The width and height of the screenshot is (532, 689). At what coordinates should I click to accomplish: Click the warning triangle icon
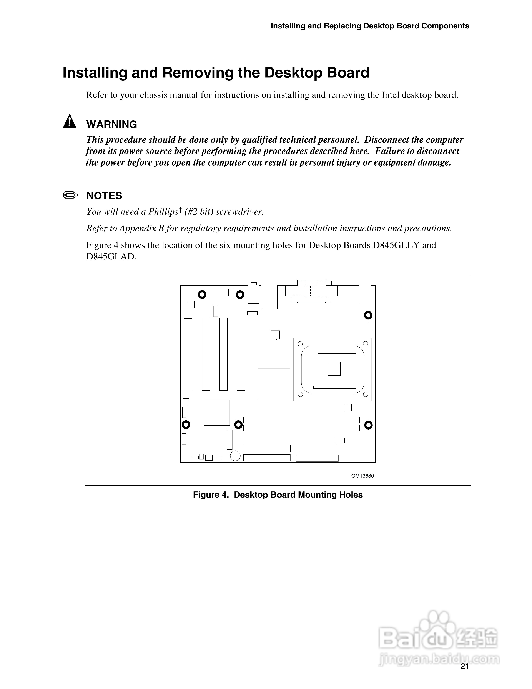point(69,122)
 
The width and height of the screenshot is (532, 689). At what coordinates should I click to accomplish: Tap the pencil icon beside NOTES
point(70,195)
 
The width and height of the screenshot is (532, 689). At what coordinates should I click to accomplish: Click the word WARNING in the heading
point(111,124)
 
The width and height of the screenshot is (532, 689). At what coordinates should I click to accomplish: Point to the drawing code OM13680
point(362,476)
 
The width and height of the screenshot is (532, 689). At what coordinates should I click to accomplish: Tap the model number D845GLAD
point(111,256)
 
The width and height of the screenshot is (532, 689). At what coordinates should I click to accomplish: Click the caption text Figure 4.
point(211,495)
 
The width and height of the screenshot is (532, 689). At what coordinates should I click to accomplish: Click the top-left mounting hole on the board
point(202,295)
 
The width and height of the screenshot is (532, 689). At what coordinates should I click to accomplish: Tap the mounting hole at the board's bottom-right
point(368,425)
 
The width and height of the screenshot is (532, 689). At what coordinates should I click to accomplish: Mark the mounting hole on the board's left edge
point(186,425)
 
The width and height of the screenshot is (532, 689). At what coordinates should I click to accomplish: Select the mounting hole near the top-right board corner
point(368,315)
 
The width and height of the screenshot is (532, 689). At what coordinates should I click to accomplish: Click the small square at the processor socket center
point(334,369)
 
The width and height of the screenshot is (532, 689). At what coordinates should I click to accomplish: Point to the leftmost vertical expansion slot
point(188,354)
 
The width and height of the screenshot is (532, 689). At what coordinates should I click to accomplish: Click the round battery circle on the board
point(235,456)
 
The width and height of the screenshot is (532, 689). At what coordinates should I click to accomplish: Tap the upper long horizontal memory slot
point(301,420)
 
